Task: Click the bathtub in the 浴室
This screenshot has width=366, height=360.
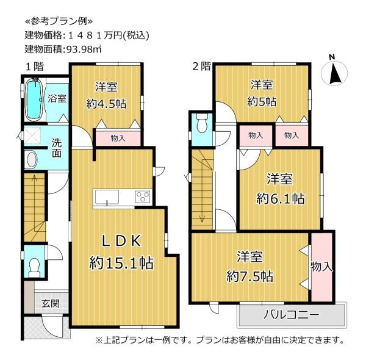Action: (x=34, y=99)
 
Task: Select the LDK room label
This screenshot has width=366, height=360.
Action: (x=121, y=240)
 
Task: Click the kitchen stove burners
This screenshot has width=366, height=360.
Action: (x=143, y=196)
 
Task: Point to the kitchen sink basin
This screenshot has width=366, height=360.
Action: (x=106, y=197)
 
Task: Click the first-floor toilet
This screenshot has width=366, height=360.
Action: (x=34, y=267)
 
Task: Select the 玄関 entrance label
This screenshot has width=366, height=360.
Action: (x=50, y=303)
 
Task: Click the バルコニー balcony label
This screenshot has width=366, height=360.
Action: (x=292, y=315)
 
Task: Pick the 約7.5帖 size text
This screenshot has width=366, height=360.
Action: (x=249, y=276)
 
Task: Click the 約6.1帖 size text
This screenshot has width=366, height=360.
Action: (x=281, y=198)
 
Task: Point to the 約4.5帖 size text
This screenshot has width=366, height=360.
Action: (x=106, y=104)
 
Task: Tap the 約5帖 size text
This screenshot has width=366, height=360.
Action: (x=262, y=101)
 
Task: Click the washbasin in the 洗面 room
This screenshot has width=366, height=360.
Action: (x=32, y=159)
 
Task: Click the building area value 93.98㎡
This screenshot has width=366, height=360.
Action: (x=84, y=49)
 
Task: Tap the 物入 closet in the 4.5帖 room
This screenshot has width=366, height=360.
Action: (x=118, y=139)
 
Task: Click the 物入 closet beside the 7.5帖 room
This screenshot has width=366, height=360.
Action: (x=321, y=267)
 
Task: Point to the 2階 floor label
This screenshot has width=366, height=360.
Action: (x=202, y=66)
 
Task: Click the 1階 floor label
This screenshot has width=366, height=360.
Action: (x=34, y=67)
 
